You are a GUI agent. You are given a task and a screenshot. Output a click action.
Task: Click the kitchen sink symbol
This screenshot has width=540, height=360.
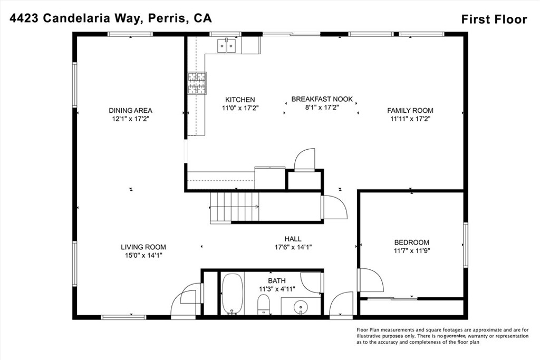point(227,46)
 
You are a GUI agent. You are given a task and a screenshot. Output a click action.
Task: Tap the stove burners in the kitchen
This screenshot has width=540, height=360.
point(197,83)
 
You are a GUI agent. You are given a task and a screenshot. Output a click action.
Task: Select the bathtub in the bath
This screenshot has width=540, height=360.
point(232,294)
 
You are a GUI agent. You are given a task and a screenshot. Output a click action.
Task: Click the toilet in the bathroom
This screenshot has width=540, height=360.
point(264,304)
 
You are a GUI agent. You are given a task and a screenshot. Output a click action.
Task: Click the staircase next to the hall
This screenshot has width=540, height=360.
point(235,206)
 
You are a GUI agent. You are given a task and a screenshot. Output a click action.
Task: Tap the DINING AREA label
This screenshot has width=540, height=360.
point(131,111)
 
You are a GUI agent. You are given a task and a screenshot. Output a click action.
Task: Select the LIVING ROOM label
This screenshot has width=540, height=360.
point(143,247)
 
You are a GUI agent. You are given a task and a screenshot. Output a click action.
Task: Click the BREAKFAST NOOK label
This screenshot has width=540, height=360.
point(322,99)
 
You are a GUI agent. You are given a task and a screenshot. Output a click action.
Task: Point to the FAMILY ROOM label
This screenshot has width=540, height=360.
point(410,110)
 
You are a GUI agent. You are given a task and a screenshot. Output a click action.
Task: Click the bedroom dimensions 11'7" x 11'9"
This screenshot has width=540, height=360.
point(411,251)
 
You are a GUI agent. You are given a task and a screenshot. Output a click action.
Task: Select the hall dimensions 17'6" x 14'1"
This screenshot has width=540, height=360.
point(293,247)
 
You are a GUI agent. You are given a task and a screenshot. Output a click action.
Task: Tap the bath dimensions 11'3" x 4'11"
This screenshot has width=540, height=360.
point(276,289)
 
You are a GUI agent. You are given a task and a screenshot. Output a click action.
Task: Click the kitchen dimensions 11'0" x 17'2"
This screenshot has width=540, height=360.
point(240,108)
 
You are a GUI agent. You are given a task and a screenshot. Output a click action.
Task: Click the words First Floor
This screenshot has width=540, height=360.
point(494,20)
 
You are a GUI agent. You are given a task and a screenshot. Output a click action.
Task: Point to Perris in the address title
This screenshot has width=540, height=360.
point(162,18)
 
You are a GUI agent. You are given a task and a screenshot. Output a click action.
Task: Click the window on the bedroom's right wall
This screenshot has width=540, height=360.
point(466,244)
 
